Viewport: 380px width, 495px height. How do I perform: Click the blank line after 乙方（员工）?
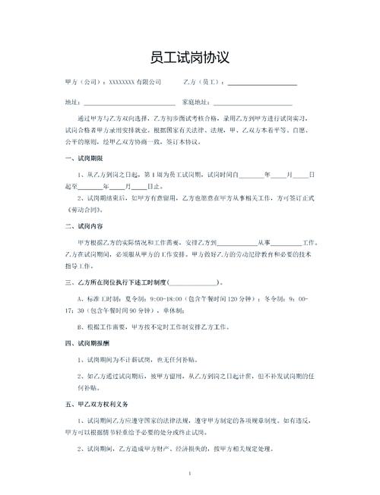(x=262, y=82)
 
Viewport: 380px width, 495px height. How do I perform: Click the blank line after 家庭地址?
(x=252, y=102)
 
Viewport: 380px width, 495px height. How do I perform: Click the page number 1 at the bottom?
(x=190, y=475)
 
